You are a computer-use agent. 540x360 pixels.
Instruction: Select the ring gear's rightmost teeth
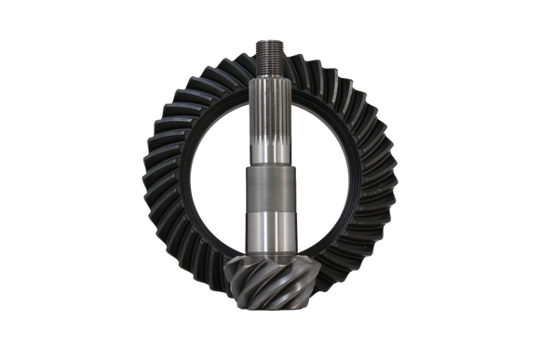click(390, 177)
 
